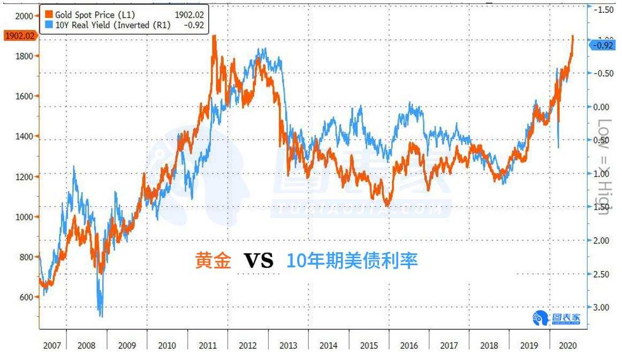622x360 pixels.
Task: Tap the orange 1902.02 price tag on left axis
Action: pyautogui.click(x=19, y=36)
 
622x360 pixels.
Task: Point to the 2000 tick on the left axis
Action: pyautogui.click(x=24, y=16)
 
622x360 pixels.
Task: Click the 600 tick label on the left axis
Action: pyautogui.click(x=26, y=297)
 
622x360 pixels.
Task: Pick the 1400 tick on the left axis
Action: pyautogui.click(x=24, y=136)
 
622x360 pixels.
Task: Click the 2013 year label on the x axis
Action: pyautogui.click(x=288, y=346)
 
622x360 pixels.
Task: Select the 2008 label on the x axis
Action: pyautogui.click(x=87, y=346)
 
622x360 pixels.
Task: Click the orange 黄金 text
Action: pyautogui.click(x=213, y=261)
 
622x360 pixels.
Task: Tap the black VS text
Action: pyautogui.click(x=259, y=261)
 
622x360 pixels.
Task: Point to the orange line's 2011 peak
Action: pyautogui.click(x=214, y=36)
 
